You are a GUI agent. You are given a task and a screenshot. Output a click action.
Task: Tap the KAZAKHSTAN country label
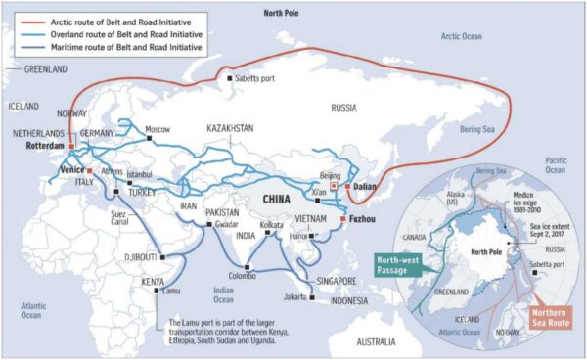pos(230,128)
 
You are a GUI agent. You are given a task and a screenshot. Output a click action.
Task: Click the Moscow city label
pos(158,129)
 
